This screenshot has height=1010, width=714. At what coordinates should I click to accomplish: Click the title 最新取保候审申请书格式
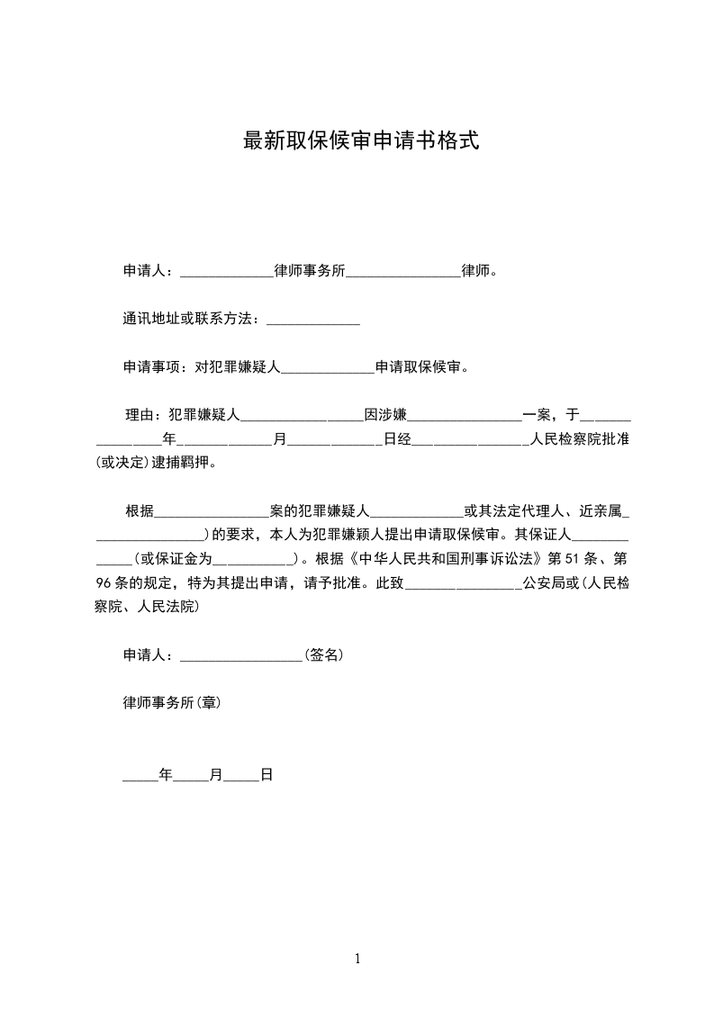pos(360,140)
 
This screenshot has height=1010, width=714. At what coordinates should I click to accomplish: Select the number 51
pos(558,559)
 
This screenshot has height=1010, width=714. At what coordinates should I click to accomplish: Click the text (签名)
pos(323,655)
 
